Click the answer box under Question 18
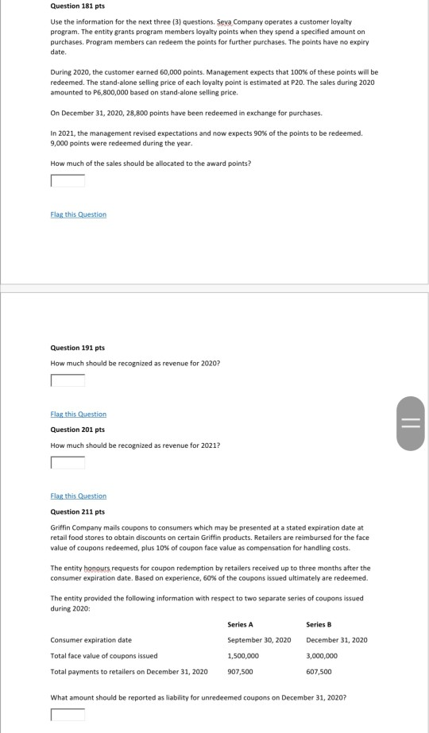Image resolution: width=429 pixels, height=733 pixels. (x=68, y=180)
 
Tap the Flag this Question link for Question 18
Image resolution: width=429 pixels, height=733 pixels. (x=78, y=214)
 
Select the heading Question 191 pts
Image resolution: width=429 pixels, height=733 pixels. (x=78, y=347)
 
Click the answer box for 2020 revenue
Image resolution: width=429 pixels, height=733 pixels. (x=68, y=380)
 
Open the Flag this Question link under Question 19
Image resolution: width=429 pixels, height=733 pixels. (x=78, y=414)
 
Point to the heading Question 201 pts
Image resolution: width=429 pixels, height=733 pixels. (x=78, y=429)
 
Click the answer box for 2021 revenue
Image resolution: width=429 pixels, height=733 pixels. (x=68, y=461)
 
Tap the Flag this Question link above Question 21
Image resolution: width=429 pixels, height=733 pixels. (x=78, y=496)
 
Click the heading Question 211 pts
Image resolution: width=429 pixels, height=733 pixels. (x=78, y=511)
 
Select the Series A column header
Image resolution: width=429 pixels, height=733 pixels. (x=241, y=623)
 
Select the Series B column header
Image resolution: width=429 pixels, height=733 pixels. (x=319, y=623)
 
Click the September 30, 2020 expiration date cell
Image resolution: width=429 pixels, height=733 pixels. (x=259, y=640)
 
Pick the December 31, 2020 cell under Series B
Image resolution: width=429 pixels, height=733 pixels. (x=337, y=640)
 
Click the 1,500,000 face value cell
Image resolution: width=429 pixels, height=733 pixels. (x=242, y=656)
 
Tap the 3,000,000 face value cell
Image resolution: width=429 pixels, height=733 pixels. (x=322, y=656)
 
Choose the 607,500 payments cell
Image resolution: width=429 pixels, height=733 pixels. (x=318, y=672)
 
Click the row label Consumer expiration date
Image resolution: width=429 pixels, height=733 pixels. (x=91, y=640)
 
